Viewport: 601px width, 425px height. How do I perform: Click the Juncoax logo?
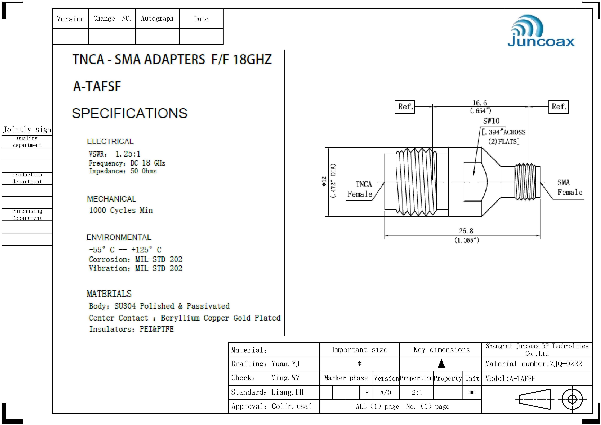pyautogui.click(x=541, y=31)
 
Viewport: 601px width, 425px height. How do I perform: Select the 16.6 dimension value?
pyautogui.click(x=480, y=103)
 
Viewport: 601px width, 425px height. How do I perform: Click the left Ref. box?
pyautogui.click(x=405, y=107)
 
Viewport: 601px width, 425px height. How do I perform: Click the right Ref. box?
pyautogui.click(x=558, y=107)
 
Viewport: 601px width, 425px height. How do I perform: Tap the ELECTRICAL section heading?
pyautogui.click(x=110, y=142)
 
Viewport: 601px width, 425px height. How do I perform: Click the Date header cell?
pyautogui.click(x=201, y=19)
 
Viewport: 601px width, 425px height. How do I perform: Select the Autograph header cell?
pyautogui.click(x=157, y=18)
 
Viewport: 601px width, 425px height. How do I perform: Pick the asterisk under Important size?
pyautogui.click(x=359, y=363)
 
